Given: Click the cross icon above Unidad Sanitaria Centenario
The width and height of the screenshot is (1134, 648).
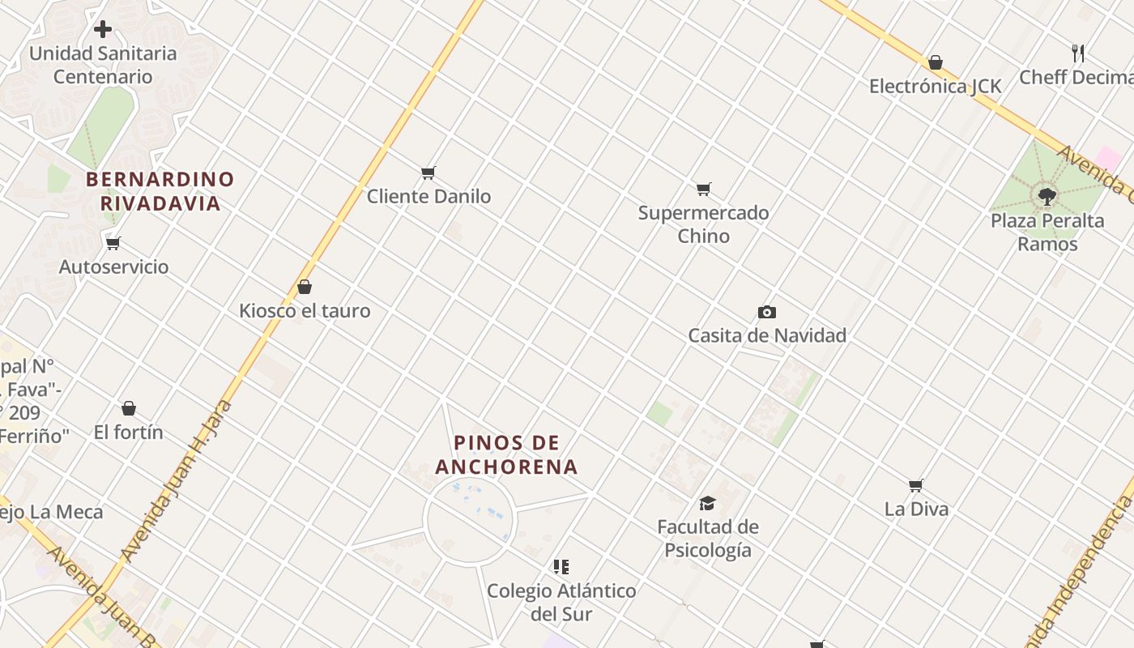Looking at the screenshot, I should coord(103,29).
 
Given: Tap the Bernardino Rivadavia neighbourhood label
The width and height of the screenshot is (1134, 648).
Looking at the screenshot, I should coord(160,191).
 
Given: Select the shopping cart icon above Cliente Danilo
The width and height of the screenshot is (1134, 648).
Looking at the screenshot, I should coord(428,173).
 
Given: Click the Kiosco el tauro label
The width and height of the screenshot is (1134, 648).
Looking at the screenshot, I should coord(305,310).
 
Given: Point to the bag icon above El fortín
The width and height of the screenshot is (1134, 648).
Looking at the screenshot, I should coord(129,408).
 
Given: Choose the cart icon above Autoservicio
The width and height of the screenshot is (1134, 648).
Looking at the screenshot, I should coord(113,243).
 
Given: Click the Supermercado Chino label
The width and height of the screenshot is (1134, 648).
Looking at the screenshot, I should coord(703,224).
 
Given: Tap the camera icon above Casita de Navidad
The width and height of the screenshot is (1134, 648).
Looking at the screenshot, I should coord(766,312).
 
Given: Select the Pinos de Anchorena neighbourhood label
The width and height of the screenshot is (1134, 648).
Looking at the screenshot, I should coord(507,454).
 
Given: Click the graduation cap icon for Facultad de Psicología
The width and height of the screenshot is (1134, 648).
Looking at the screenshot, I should coord(707,503).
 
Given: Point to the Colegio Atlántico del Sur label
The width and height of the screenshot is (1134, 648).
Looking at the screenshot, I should coord(561,602).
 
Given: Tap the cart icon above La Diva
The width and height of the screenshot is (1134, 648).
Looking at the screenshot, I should coord(915,485).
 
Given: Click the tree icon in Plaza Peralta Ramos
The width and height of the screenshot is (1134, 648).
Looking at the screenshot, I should coord(1047,195).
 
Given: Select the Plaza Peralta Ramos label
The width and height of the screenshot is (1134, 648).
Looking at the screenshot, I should coord(1047,232).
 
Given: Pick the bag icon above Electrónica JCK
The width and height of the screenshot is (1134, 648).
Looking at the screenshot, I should coord(936,62).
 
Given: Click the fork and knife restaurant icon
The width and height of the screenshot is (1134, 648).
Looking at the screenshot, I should coord(1078,53).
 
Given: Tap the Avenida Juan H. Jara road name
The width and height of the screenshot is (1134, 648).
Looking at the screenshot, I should coord(177,481).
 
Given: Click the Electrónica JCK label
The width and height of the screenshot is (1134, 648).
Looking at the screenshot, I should coord(936,86).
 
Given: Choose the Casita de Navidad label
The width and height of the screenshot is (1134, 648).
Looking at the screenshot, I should coord(767,335).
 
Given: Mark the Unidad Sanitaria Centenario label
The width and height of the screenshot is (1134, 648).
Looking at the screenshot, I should coord(103,65).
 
